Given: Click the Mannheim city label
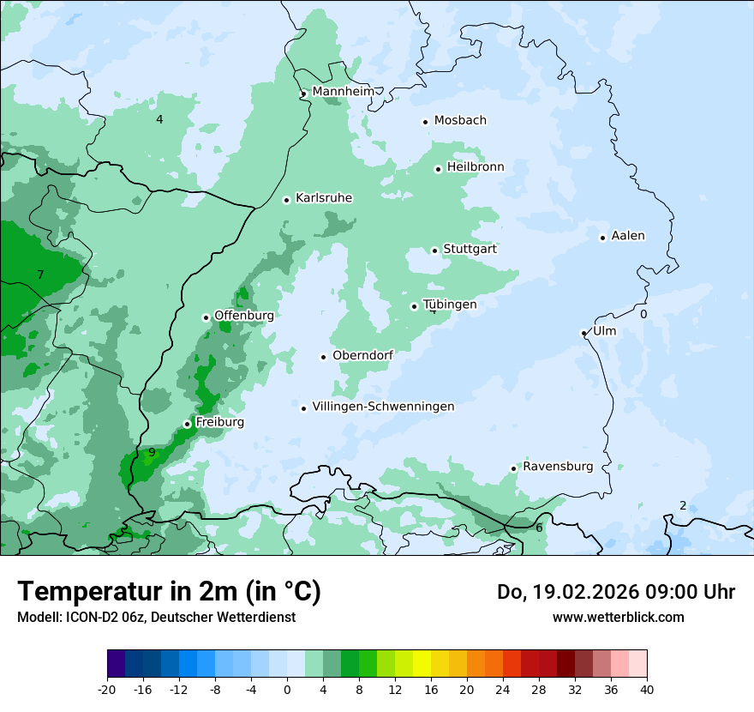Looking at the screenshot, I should coord(343,91).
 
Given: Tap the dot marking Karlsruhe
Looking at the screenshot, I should coord(287,200).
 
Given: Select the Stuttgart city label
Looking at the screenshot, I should coord(470,249).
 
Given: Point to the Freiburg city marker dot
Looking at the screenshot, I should coord(187,424).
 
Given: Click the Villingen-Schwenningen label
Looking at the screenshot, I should coord(383,407).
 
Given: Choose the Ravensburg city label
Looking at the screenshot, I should coord(558,467).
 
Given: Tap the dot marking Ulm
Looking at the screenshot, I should coord(583,333).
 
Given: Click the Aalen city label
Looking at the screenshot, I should coord(628,236).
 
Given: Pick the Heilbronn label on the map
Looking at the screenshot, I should coord(476,167).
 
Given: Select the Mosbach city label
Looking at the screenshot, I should coord(460,120).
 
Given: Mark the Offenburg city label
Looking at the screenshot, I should coord(244,316).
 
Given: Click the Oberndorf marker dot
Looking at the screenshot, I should coord(323,357).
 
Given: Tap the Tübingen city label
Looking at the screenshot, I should coord(450,305).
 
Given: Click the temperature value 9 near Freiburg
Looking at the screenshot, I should coord(152,452).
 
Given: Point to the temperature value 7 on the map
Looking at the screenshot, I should coord(40,275).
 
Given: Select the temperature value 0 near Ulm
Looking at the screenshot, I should coord(643,314).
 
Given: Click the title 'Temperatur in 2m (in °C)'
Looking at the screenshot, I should coord(169,592).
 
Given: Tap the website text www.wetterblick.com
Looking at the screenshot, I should coord(618,617).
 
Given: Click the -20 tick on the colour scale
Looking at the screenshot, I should coord(107,689).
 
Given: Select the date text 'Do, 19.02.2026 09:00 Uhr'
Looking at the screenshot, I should coord(616,592).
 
